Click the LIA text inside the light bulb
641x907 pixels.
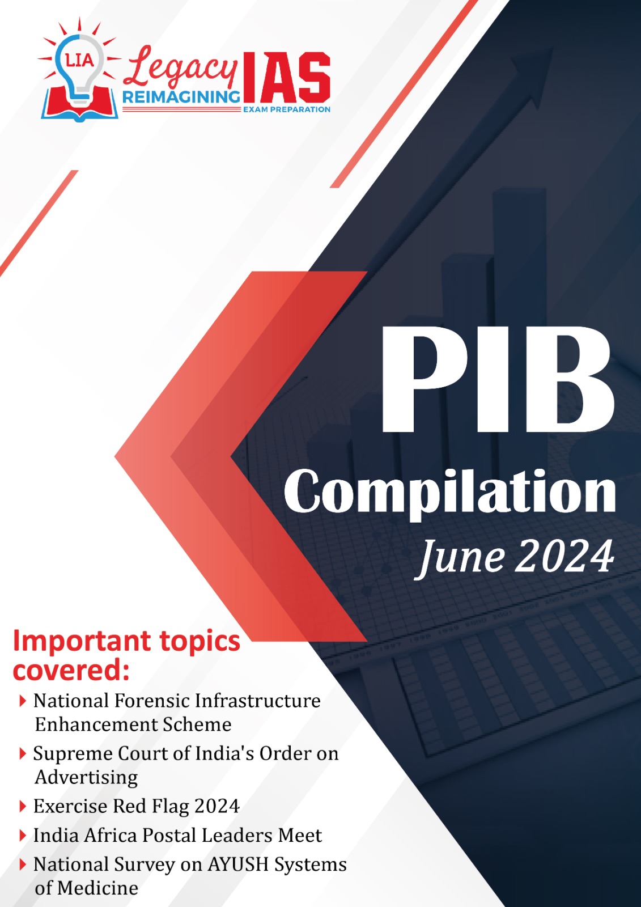(79, 60)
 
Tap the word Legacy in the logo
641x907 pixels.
(180, 68)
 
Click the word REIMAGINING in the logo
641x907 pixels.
(181, 97)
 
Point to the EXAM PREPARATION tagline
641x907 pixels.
(287, 109)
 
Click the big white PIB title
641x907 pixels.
(498, 379)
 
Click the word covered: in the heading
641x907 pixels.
(71, 671)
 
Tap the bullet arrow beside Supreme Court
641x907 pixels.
(23, 754)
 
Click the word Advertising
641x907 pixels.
(86, 778)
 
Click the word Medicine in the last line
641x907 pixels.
(97, 888)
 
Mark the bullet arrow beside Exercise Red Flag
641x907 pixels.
(23, 807)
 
